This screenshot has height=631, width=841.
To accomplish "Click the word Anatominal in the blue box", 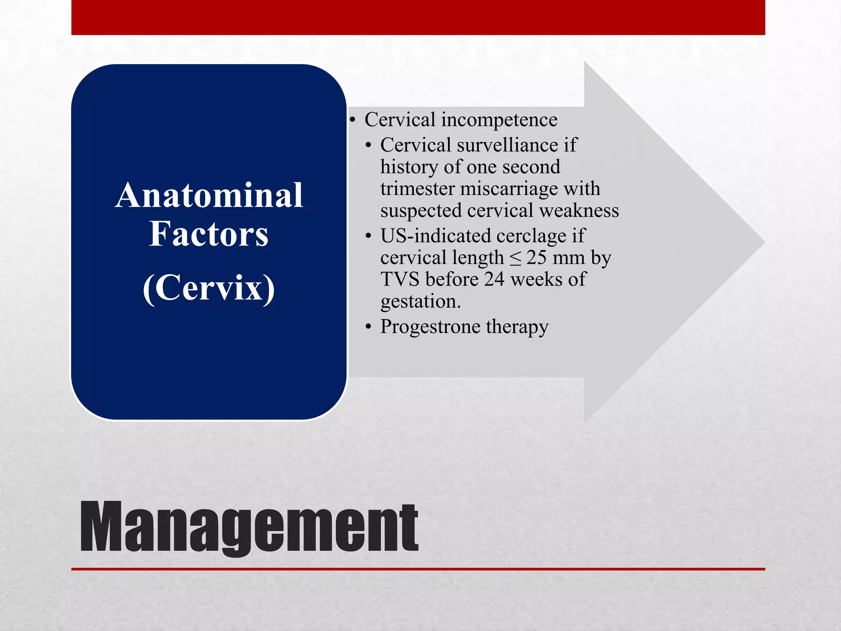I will click(209, 196).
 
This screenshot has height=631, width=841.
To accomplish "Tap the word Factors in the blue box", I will click(209, 234).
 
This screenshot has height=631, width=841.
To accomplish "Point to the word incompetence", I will click(499, 120).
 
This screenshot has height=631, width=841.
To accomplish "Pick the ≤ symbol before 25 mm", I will click(515, 258).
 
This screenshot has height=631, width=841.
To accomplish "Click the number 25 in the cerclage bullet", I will click(536, 258).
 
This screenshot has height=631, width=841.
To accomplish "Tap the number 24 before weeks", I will click(494, 280).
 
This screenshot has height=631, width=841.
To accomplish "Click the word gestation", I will click(420, 302).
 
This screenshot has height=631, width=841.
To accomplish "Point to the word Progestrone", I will click(430, 327).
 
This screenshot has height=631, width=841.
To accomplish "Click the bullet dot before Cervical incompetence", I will click(352, 120).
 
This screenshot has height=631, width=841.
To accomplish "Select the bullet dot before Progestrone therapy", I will click(368, 327).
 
